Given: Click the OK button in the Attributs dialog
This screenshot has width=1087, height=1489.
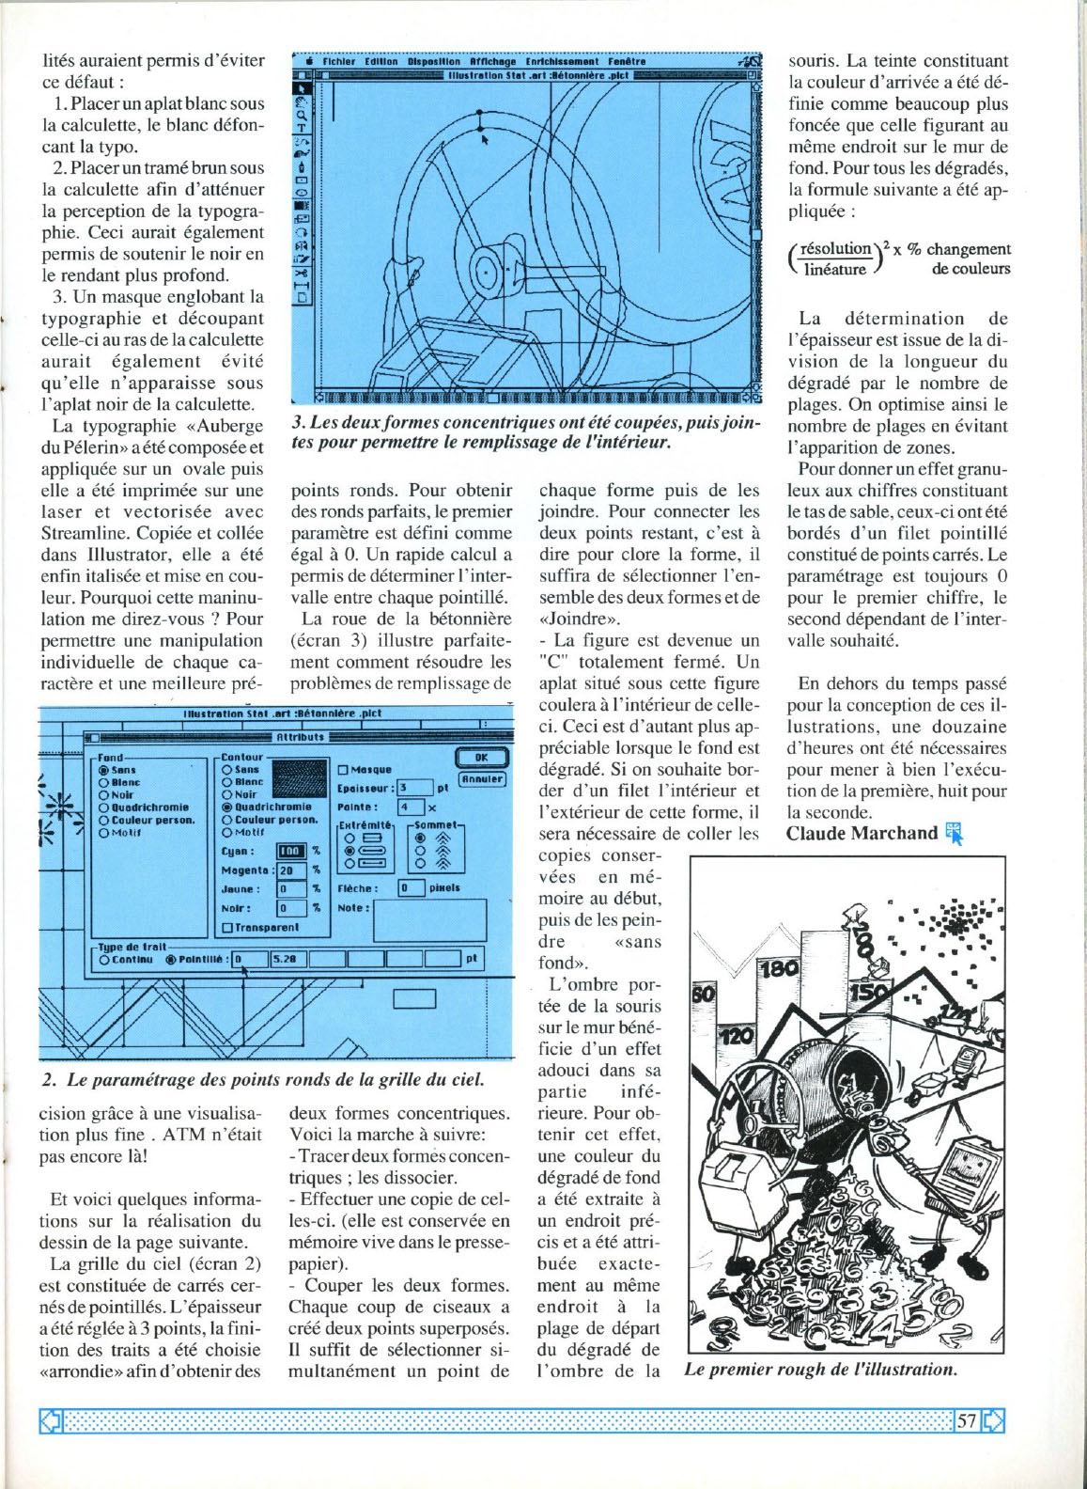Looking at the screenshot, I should click(481, 758).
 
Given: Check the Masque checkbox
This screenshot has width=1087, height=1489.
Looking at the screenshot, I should click(343, 770).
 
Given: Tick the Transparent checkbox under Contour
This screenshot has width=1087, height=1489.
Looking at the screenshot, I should click(226, 928).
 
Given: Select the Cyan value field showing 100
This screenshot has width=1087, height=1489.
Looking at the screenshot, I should click(289, 852).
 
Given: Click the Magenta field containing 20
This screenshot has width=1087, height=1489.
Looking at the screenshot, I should click(289, 870).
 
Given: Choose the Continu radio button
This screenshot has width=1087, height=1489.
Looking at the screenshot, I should click(104, 960).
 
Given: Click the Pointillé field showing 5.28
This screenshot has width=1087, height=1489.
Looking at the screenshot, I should click(288, 960).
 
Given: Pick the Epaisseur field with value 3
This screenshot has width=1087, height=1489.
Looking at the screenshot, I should click(413, 788).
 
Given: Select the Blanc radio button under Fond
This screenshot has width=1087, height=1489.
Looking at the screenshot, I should click(103, 782).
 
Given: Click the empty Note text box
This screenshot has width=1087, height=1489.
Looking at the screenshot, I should click(429, 920).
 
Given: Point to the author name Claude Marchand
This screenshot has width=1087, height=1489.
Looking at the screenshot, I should click(862, 834).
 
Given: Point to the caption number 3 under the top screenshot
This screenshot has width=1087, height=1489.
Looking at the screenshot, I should click(297, 424).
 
